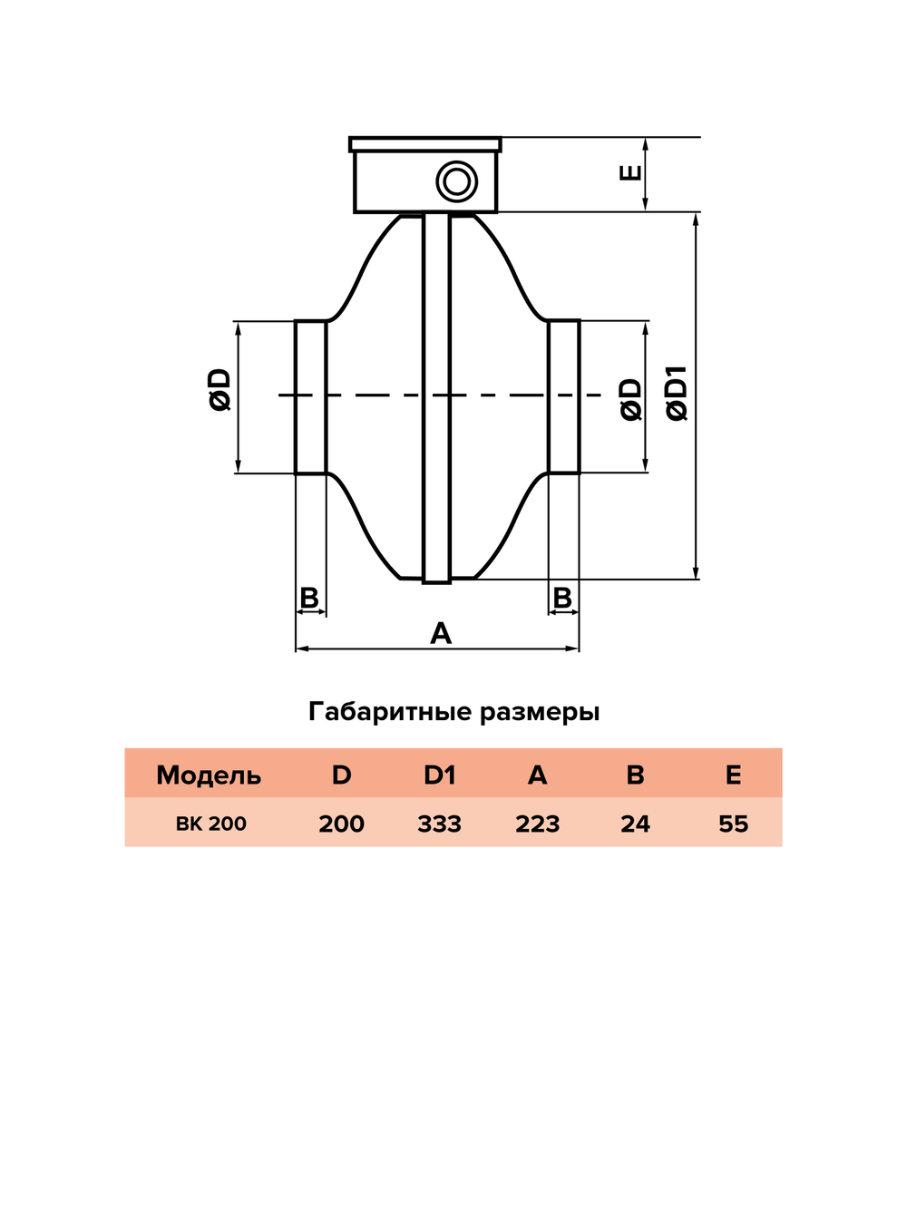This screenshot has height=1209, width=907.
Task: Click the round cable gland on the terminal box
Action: [456, 181]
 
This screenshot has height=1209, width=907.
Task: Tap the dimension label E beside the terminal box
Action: [630, 172]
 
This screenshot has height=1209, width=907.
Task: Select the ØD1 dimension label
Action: [677, 394]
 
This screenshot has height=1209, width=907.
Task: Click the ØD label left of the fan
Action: [219, 390]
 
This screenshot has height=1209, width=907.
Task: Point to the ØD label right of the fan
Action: [631, 400]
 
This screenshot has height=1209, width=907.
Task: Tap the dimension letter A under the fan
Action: [441, 633]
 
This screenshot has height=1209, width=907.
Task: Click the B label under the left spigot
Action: [309, 598]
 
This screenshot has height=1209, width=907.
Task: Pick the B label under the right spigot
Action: [562, 598]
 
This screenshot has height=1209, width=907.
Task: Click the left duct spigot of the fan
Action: [310, 396]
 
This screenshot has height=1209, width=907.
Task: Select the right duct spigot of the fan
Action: [564, 396]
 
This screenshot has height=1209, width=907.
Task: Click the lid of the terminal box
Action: [425, 144]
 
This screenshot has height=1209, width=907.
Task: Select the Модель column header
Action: [209, 775]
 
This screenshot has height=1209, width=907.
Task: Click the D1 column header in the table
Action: [440, 775]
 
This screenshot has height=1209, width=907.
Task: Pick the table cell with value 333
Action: [440, 824]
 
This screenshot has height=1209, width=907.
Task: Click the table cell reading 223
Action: [538, 824]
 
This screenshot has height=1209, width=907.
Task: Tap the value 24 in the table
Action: [635, 824]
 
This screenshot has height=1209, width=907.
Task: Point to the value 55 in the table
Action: [733, 824]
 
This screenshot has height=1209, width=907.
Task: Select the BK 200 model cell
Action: [211, 824]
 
